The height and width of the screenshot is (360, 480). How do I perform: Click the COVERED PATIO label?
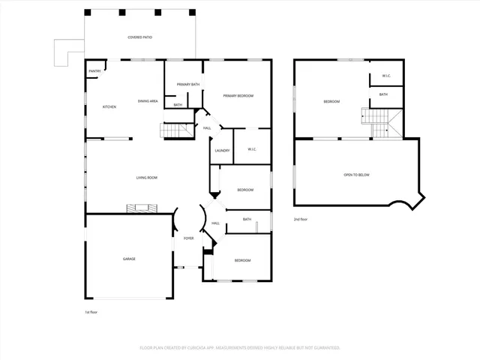click(x=139, y=37)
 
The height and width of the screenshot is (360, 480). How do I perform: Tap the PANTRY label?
click(x=94, y=71)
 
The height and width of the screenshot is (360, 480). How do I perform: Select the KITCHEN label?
click(x=109, y=107)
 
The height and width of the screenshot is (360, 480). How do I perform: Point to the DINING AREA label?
click(x=147, y=100)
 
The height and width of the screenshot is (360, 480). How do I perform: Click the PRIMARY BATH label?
click(x=187, y=85)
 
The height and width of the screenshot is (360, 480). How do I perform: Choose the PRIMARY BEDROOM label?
click(x=238, y=96)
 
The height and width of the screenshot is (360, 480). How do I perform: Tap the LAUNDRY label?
click(x=222, y=151)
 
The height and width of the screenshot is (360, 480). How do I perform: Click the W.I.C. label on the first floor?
click(x=251, y=149)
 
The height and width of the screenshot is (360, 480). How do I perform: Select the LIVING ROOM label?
click(x=146, y=178)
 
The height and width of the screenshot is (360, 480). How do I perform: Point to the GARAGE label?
click(x=129, y=259)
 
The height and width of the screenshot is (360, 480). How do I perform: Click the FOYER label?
click(x=188, y=238)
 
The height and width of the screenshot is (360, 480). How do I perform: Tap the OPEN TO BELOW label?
click(x=356, y=175)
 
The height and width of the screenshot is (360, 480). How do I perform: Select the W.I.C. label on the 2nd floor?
click(x=386, y=76)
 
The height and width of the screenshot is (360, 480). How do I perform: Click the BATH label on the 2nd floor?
click(x=383, y=94)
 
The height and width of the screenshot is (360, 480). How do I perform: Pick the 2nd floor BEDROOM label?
click(x=331, y=101)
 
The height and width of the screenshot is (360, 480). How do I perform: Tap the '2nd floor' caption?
click(x=301, y=219)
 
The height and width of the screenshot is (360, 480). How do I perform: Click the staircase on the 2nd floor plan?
click(x=378, y=121)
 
